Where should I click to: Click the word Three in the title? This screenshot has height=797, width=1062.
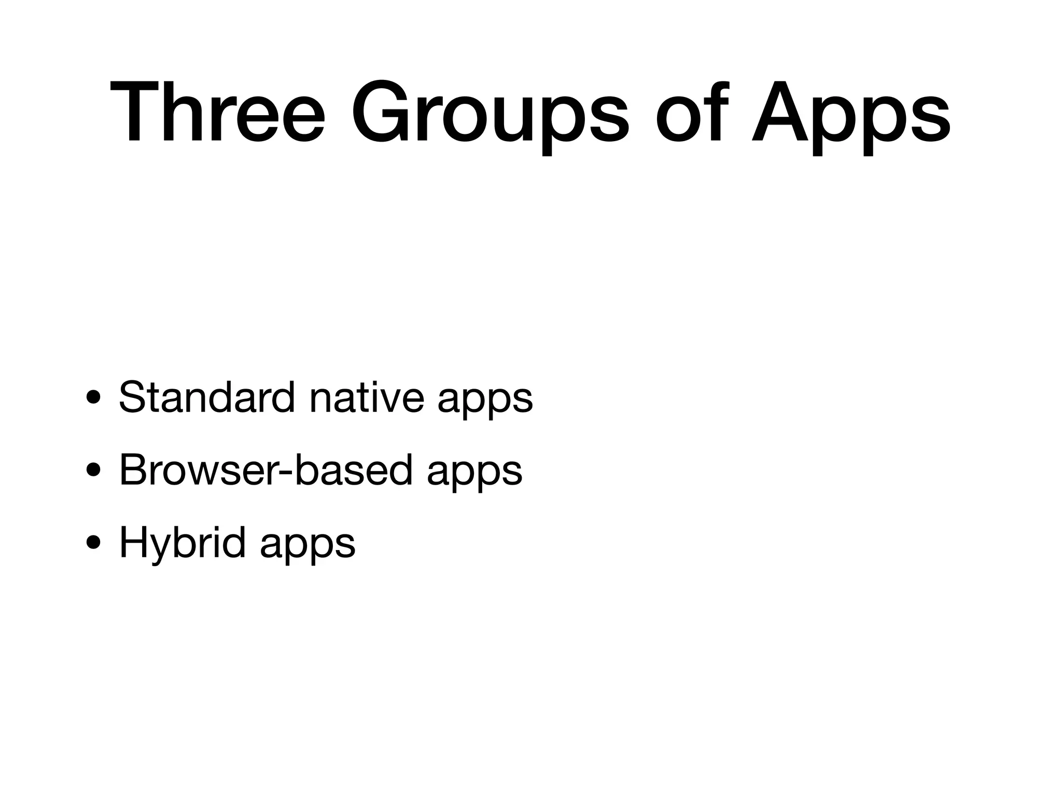pos(218,113)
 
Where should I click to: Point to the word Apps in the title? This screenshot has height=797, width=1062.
pos(851,113)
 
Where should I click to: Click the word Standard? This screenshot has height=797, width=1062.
pos(206,397)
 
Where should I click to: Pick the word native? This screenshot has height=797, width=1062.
pos(366,397)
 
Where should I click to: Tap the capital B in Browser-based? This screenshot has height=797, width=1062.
pos(134,470)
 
